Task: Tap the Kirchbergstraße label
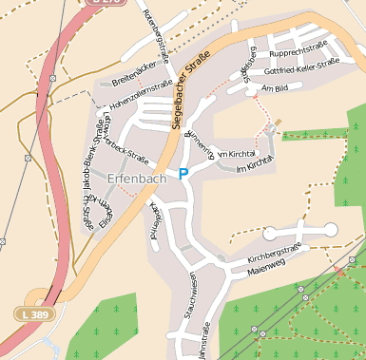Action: (x=274, y=253)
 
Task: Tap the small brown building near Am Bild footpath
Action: (x=279, y=122)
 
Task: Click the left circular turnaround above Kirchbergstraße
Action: (x=270, y=232)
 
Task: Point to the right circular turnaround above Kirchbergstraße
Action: (x=330, y=228)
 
